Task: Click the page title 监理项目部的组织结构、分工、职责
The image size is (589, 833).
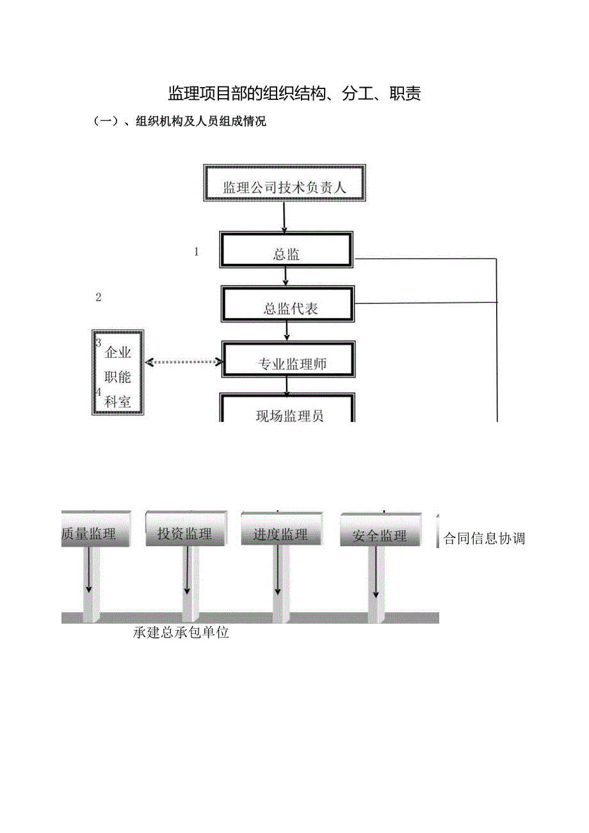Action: [294, 94]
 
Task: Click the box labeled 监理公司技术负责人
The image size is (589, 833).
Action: [285, 187]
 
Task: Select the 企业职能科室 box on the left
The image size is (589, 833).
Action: [118, 373]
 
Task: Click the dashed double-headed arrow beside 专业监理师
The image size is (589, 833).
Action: [183, 362]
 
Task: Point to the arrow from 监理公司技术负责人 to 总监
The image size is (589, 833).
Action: [284, 218]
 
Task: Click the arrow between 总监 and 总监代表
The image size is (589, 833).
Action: [286, 276]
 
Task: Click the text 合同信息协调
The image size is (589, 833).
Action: [485, 538]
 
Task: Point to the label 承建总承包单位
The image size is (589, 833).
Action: [181, 633]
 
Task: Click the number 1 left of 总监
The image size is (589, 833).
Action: [197, 252]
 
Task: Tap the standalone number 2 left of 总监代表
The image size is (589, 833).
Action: [98, 297]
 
